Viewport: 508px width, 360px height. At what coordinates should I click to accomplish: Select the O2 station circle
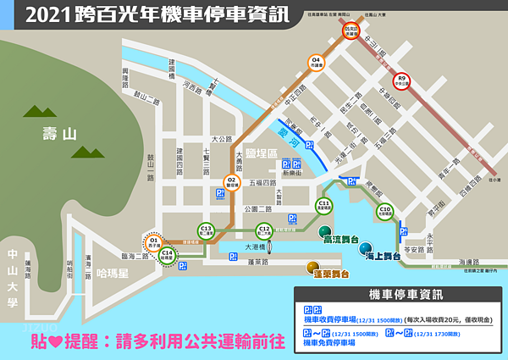[x=231, y=181]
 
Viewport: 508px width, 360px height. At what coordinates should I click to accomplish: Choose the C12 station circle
[x=264, y=230]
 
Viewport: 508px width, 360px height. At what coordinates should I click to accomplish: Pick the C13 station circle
[x=206, y=230]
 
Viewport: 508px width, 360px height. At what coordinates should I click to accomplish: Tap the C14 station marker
[x=167, y=255]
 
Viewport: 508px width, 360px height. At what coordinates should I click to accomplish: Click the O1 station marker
[x=154, y=243]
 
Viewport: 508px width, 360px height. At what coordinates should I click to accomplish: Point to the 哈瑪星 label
[x=112, y=274]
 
